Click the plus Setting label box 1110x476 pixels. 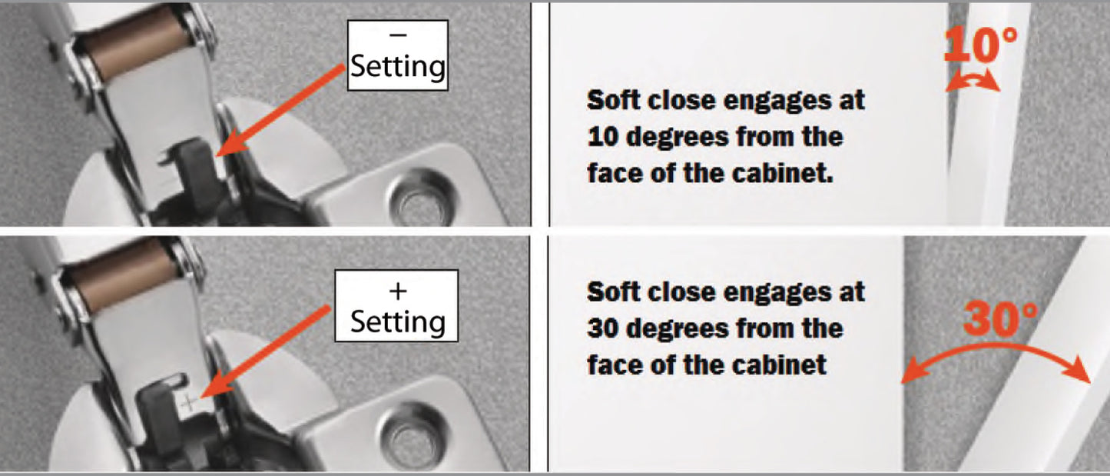(397, 305)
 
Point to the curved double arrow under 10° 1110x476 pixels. (972, 82)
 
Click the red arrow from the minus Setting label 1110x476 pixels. (280, 108)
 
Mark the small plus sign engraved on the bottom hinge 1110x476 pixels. (189, 401)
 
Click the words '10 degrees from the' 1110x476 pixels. (714, 137)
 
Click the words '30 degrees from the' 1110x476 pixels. (714, 328)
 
